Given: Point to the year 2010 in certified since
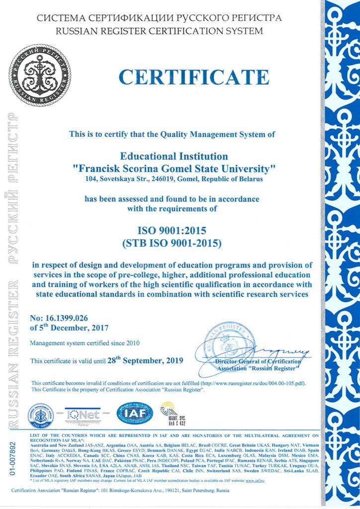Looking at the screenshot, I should [132, 343].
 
